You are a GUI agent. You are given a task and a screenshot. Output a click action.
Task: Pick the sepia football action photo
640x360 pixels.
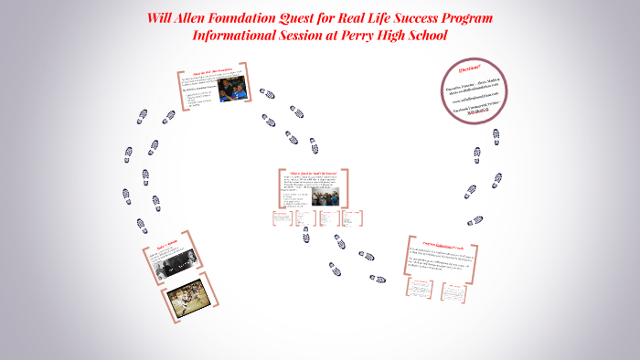point(190,307)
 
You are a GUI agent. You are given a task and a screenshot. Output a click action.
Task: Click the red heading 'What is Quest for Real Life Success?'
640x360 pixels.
point(314,173)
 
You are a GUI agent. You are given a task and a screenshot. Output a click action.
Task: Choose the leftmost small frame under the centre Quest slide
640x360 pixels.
point(281,218)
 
